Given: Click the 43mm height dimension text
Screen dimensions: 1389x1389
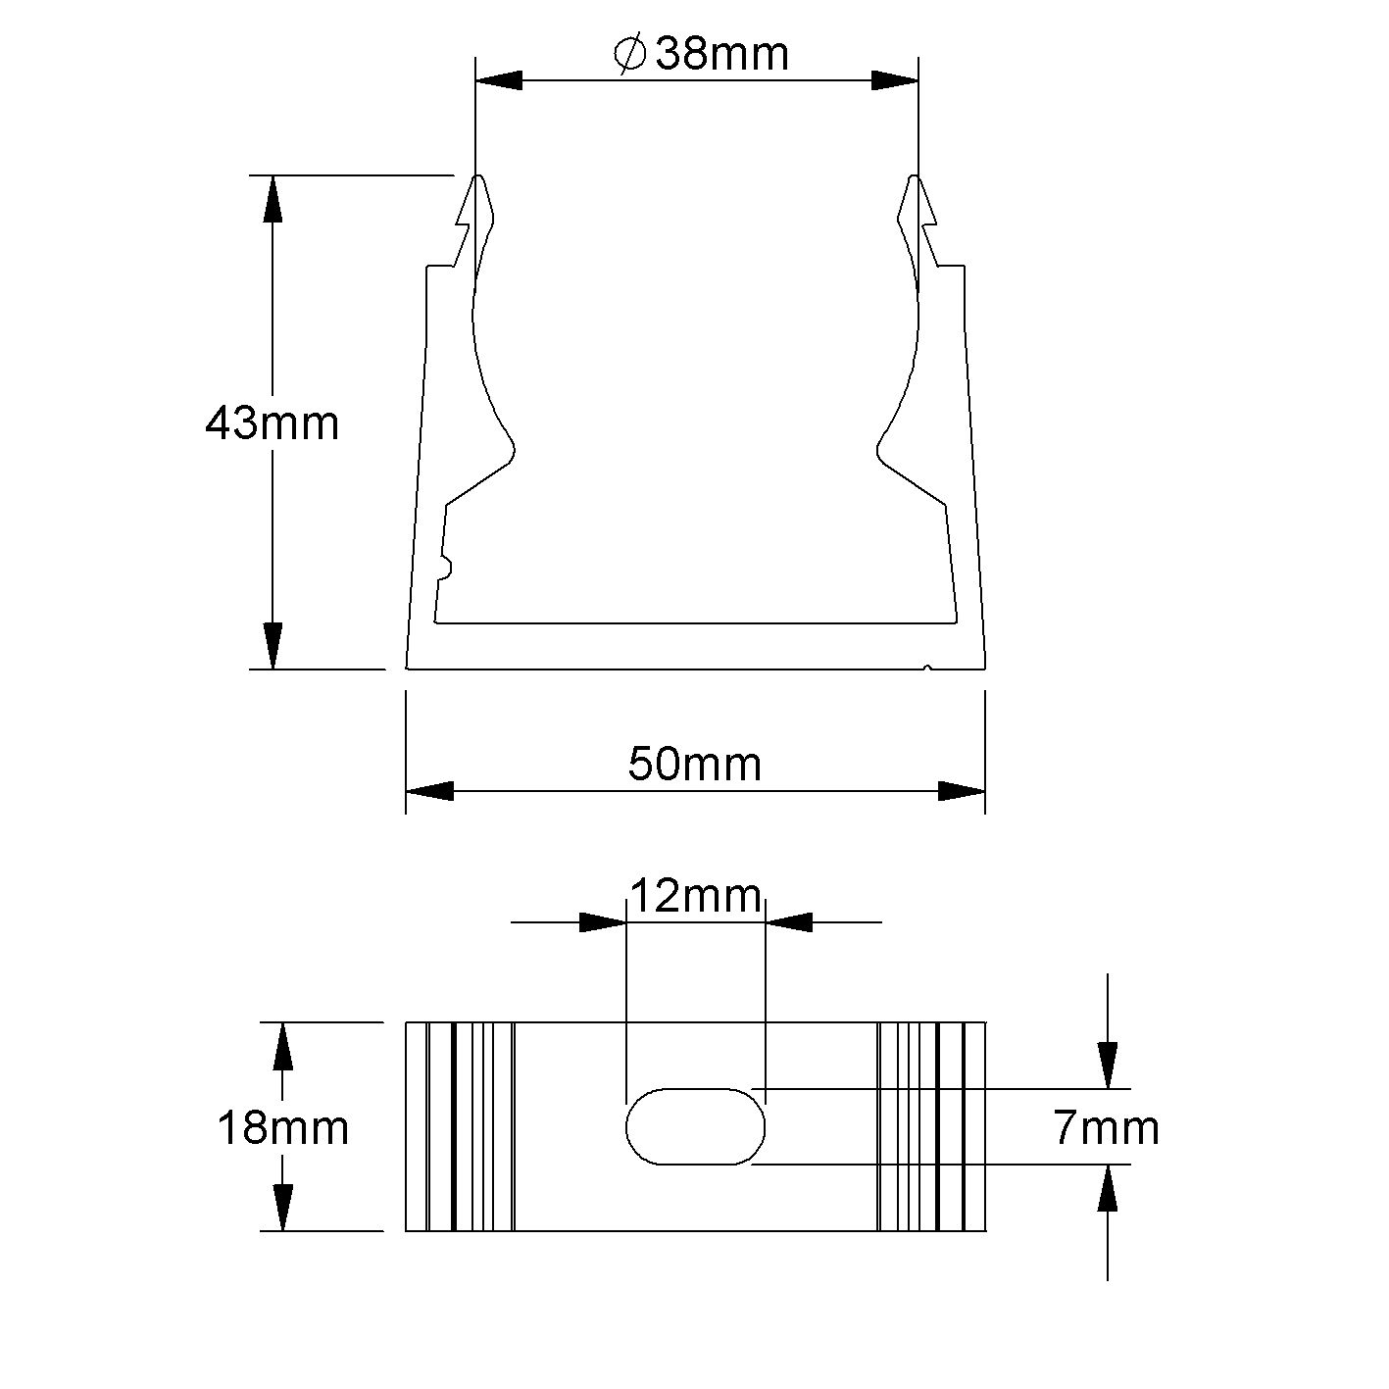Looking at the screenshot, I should click(x=272, y=423).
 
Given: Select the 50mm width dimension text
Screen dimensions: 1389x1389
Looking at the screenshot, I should click(x=694, y=764).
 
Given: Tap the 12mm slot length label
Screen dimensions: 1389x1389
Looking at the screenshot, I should click(x=694, y=895).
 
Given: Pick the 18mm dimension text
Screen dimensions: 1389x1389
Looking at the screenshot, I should click(x=282, y=1128).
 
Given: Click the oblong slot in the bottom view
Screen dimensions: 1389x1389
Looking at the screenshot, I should click(x=695, y=1125).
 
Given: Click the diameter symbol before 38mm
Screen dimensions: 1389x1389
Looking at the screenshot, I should click(x=629, y=54).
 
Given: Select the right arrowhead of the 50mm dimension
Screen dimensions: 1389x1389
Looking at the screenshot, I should click(x=962, y=791).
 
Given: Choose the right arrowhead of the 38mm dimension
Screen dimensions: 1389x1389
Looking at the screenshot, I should click(x=895, y=81).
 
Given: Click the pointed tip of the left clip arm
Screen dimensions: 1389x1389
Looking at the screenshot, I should click(x=478, y=178).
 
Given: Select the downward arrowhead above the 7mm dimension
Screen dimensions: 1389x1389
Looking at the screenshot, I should click(x=1107, y=1065).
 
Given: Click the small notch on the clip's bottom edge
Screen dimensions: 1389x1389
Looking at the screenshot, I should click(x=927, y=669).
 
